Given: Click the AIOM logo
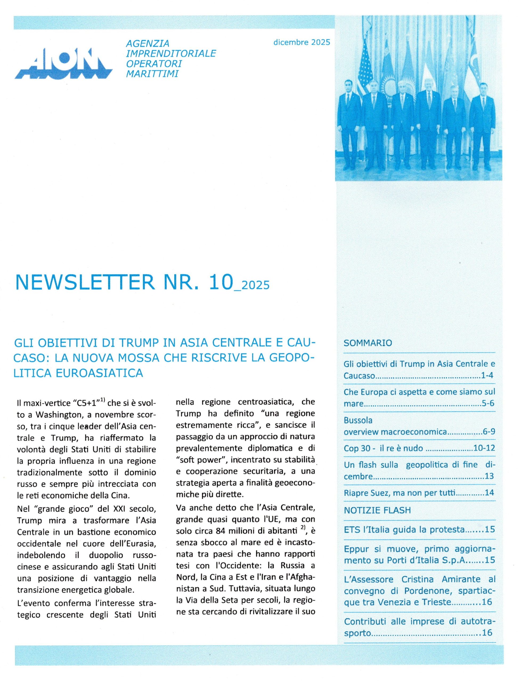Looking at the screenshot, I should click(63, 64).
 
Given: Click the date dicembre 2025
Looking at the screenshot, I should click(301, 42).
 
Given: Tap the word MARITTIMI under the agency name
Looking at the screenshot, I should click(152, 74).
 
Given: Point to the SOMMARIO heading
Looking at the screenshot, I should click(368, 343).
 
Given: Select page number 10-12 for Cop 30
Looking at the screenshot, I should click(484, 448).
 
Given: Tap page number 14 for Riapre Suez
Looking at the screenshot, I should click(489, 492).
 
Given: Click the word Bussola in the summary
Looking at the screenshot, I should click(358, 420).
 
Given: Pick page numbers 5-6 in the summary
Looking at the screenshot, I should click(488, 404).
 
